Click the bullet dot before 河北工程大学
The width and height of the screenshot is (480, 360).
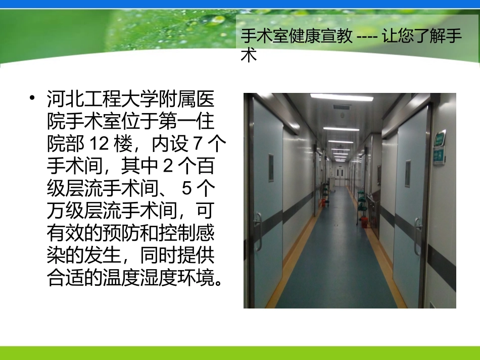33,98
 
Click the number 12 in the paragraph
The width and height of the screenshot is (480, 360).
99,143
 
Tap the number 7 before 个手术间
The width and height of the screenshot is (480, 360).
198,143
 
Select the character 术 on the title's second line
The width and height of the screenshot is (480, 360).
249,55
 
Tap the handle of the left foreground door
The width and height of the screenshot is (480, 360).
258,230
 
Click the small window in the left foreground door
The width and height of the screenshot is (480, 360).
271,168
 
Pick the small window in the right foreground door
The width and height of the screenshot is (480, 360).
407,174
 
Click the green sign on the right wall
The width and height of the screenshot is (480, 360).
440,147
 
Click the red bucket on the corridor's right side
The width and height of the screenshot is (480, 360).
364,222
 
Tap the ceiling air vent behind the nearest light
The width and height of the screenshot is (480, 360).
342,108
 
